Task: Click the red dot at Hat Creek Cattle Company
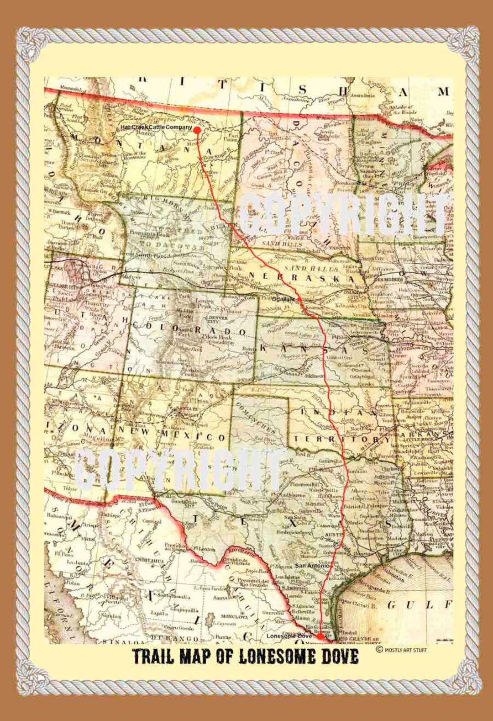click(x=197, y=130)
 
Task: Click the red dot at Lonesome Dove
click(x=320, y=636)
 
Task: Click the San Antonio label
click(x=312, y=566)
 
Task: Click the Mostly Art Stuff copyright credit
click(x=401, y=650)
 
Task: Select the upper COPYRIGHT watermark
click(x=342, y=214)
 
